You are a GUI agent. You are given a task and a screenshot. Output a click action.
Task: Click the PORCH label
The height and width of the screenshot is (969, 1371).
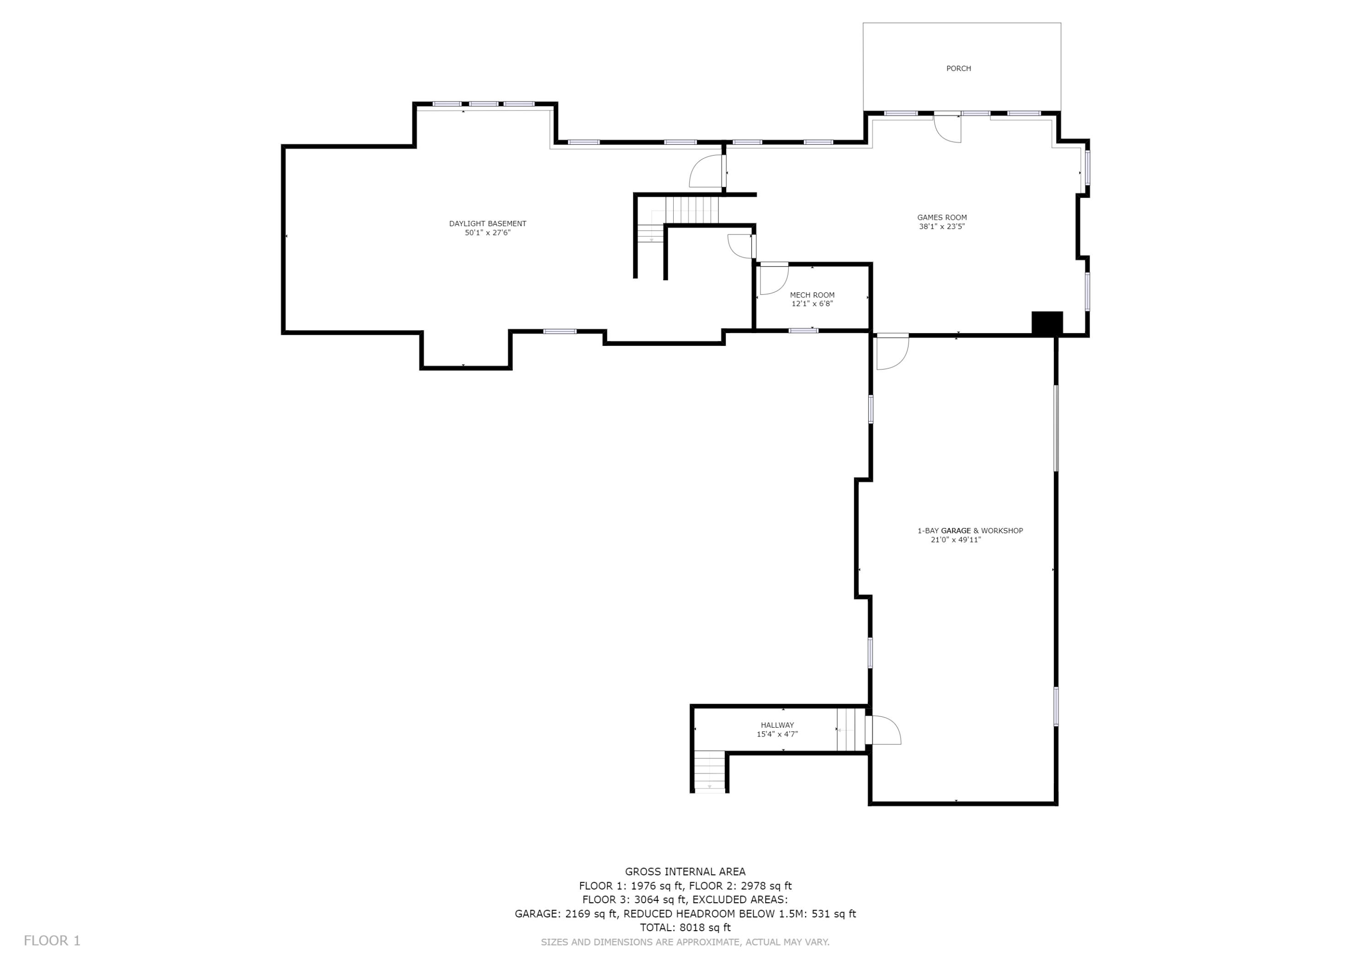pos(958,69)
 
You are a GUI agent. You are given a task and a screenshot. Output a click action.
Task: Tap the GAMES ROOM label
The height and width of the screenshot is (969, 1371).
pos(942,218)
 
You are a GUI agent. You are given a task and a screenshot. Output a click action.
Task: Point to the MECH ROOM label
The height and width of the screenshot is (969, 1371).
pos(812,295)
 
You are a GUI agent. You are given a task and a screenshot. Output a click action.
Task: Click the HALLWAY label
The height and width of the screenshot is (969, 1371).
pos(777,725)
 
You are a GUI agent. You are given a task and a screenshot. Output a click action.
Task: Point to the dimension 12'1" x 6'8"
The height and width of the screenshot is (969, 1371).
pos(812,304)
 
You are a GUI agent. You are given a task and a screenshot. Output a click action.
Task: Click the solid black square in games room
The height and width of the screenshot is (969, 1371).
pos(1047,323)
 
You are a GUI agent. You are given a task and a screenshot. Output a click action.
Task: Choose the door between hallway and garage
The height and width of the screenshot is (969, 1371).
pos(883,730)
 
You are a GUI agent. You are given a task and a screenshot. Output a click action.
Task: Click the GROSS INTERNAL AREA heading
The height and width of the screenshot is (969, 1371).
pos(685,872)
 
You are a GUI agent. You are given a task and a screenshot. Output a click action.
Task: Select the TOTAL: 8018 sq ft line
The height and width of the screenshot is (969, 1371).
pos(685,928)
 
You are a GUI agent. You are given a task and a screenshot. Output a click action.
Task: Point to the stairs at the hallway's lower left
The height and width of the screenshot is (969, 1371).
pos(709,771)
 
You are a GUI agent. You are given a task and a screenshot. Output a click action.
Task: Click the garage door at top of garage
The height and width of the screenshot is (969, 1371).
pos(892,352)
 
